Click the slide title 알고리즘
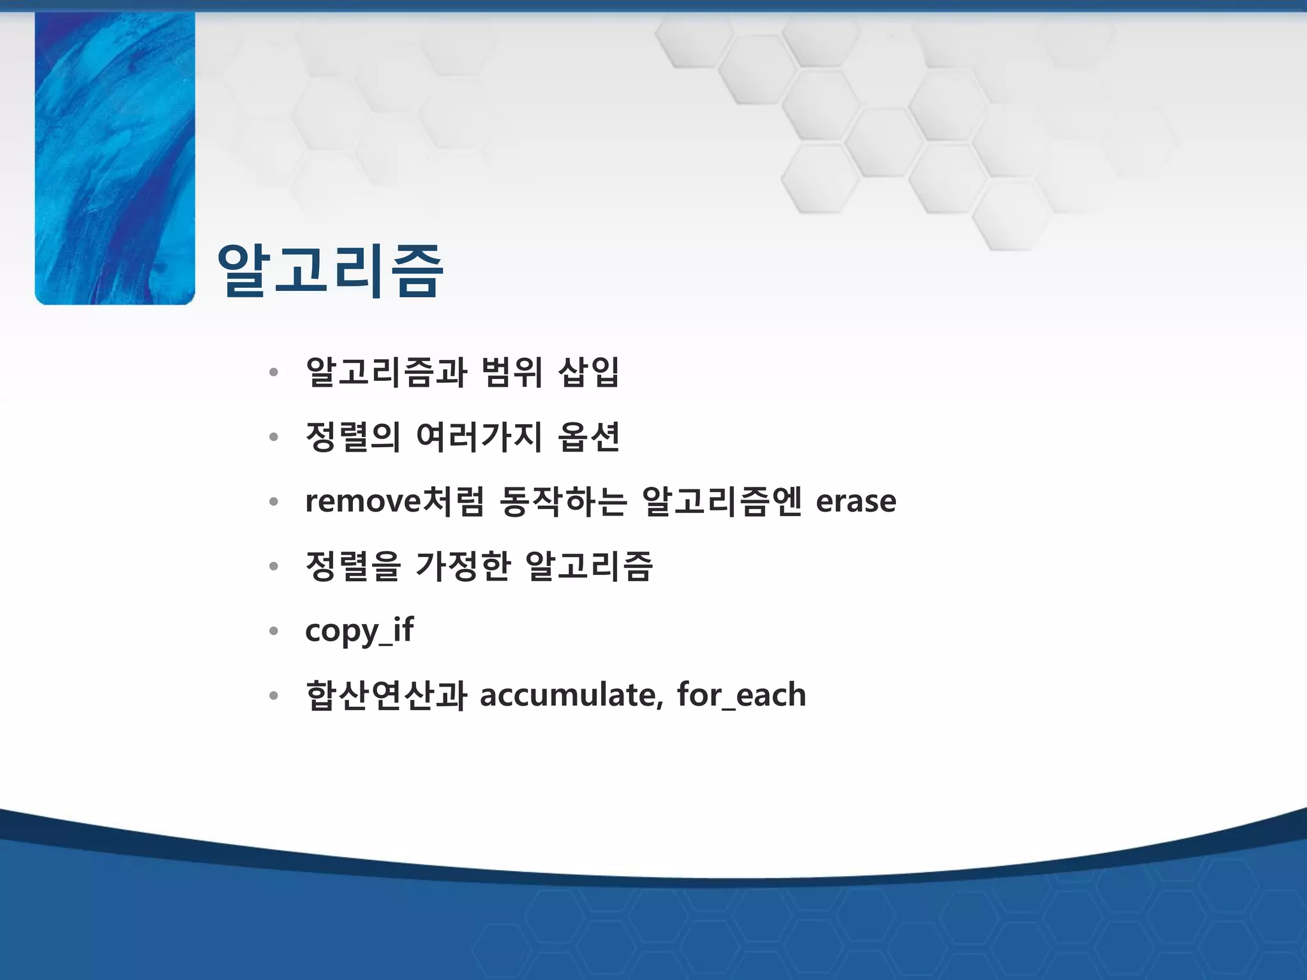[329, 271]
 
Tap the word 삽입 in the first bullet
[588, 372]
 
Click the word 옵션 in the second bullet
[588, 437]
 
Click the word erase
[856, 501]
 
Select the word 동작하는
[564, 501]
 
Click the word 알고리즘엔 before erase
[721, 501]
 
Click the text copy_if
[359, 631]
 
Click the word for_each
[741, 695]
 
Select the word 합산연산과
[386, 695]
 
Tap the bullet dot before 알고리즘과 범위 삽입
[274, 373]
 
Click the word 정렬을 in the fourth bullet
[353, 566]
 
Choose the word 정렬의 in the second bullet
[353, 437]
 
